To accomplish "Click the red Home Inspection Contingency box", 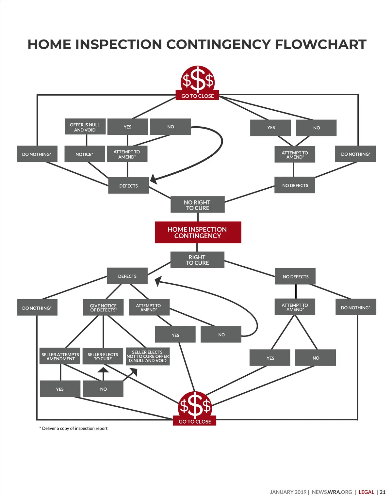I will tap(198, 232).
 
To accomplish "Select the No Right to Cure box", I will tap(197, 205).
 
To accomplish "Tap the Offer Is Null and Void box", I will tap(85, 127).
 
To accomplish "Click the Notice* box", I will tap(85, 154).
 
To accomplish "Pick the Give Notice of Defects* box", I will tap(103, 307).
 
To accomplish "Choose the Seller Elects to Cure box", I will tap(103, 356).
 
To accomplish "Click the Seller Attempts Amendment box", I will tap(60, 356).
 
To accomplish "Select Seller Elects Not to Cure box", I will tap(148, 356).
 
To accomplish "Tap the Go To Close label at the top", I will tap(197, 96).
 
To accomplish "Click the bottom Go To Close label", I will tap(195, 421).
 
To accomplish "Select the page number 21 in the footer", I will tap(383, 492).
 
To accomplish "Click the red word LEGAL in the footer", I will tap(366, 492).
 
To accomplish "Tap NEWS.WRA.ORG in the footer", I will tap(332, 492).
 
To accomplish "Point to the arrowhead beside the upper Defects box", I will tap(153, 179).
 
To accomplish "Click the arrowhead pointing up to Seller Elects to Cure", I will tap(103, 370).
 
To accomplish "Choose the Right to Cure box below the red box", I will tap(197, 260).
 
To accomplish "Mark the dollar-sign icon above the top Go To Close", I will tap(198, 79).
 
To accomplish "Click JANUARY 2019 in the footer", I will tap(288, 492).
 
